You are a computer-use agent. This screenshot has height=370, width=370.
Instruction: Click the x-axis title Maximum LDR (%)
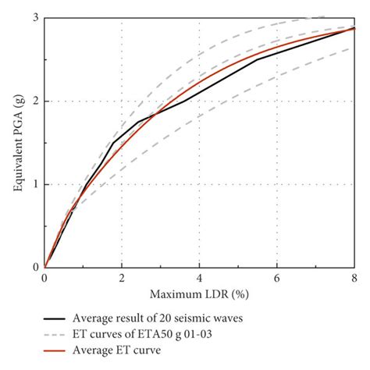pos(199,296)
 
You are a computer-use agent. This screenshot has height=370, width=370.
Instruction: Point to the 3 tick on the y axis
pos(35,18)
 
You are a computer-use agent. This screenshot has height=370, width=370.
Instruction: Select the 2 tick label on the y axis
pos(35,101)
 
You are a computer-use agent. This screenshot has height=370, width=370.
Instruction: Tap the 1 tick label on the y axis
pos(35,185)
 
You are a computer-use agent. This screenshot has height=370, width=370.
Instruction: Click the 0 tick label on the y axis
pos(35,268)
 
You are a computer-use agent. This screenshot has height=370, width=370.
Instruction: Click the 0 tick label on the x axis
pos(44,279)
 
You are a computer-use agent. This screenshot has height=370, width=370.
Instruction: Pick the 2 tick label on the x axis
pos(122,279)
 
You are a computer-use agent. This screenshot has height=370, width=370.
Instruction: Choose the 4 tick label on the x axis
pos(200,279)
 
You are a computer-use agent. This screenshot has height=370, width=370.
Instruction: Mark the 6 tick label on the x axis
pos(277,279)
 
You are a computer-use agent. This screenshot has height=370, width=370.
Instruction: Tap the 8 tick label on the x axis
pos(354,279)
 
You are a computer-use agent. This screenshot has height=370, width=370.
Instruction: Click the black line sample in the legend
pos(54,318)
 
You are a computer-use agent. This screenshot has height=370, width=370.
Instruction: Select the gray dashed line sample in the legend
pos(54,334)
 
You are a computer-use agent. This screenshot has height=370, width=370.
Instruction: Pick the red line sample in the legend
pos(54,350)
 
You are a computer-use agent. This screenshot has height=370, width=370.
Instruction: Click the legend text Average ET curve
pos(117,350)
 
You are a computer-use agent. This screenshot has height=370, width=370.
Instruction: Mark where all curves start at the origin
pos(44,268)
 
